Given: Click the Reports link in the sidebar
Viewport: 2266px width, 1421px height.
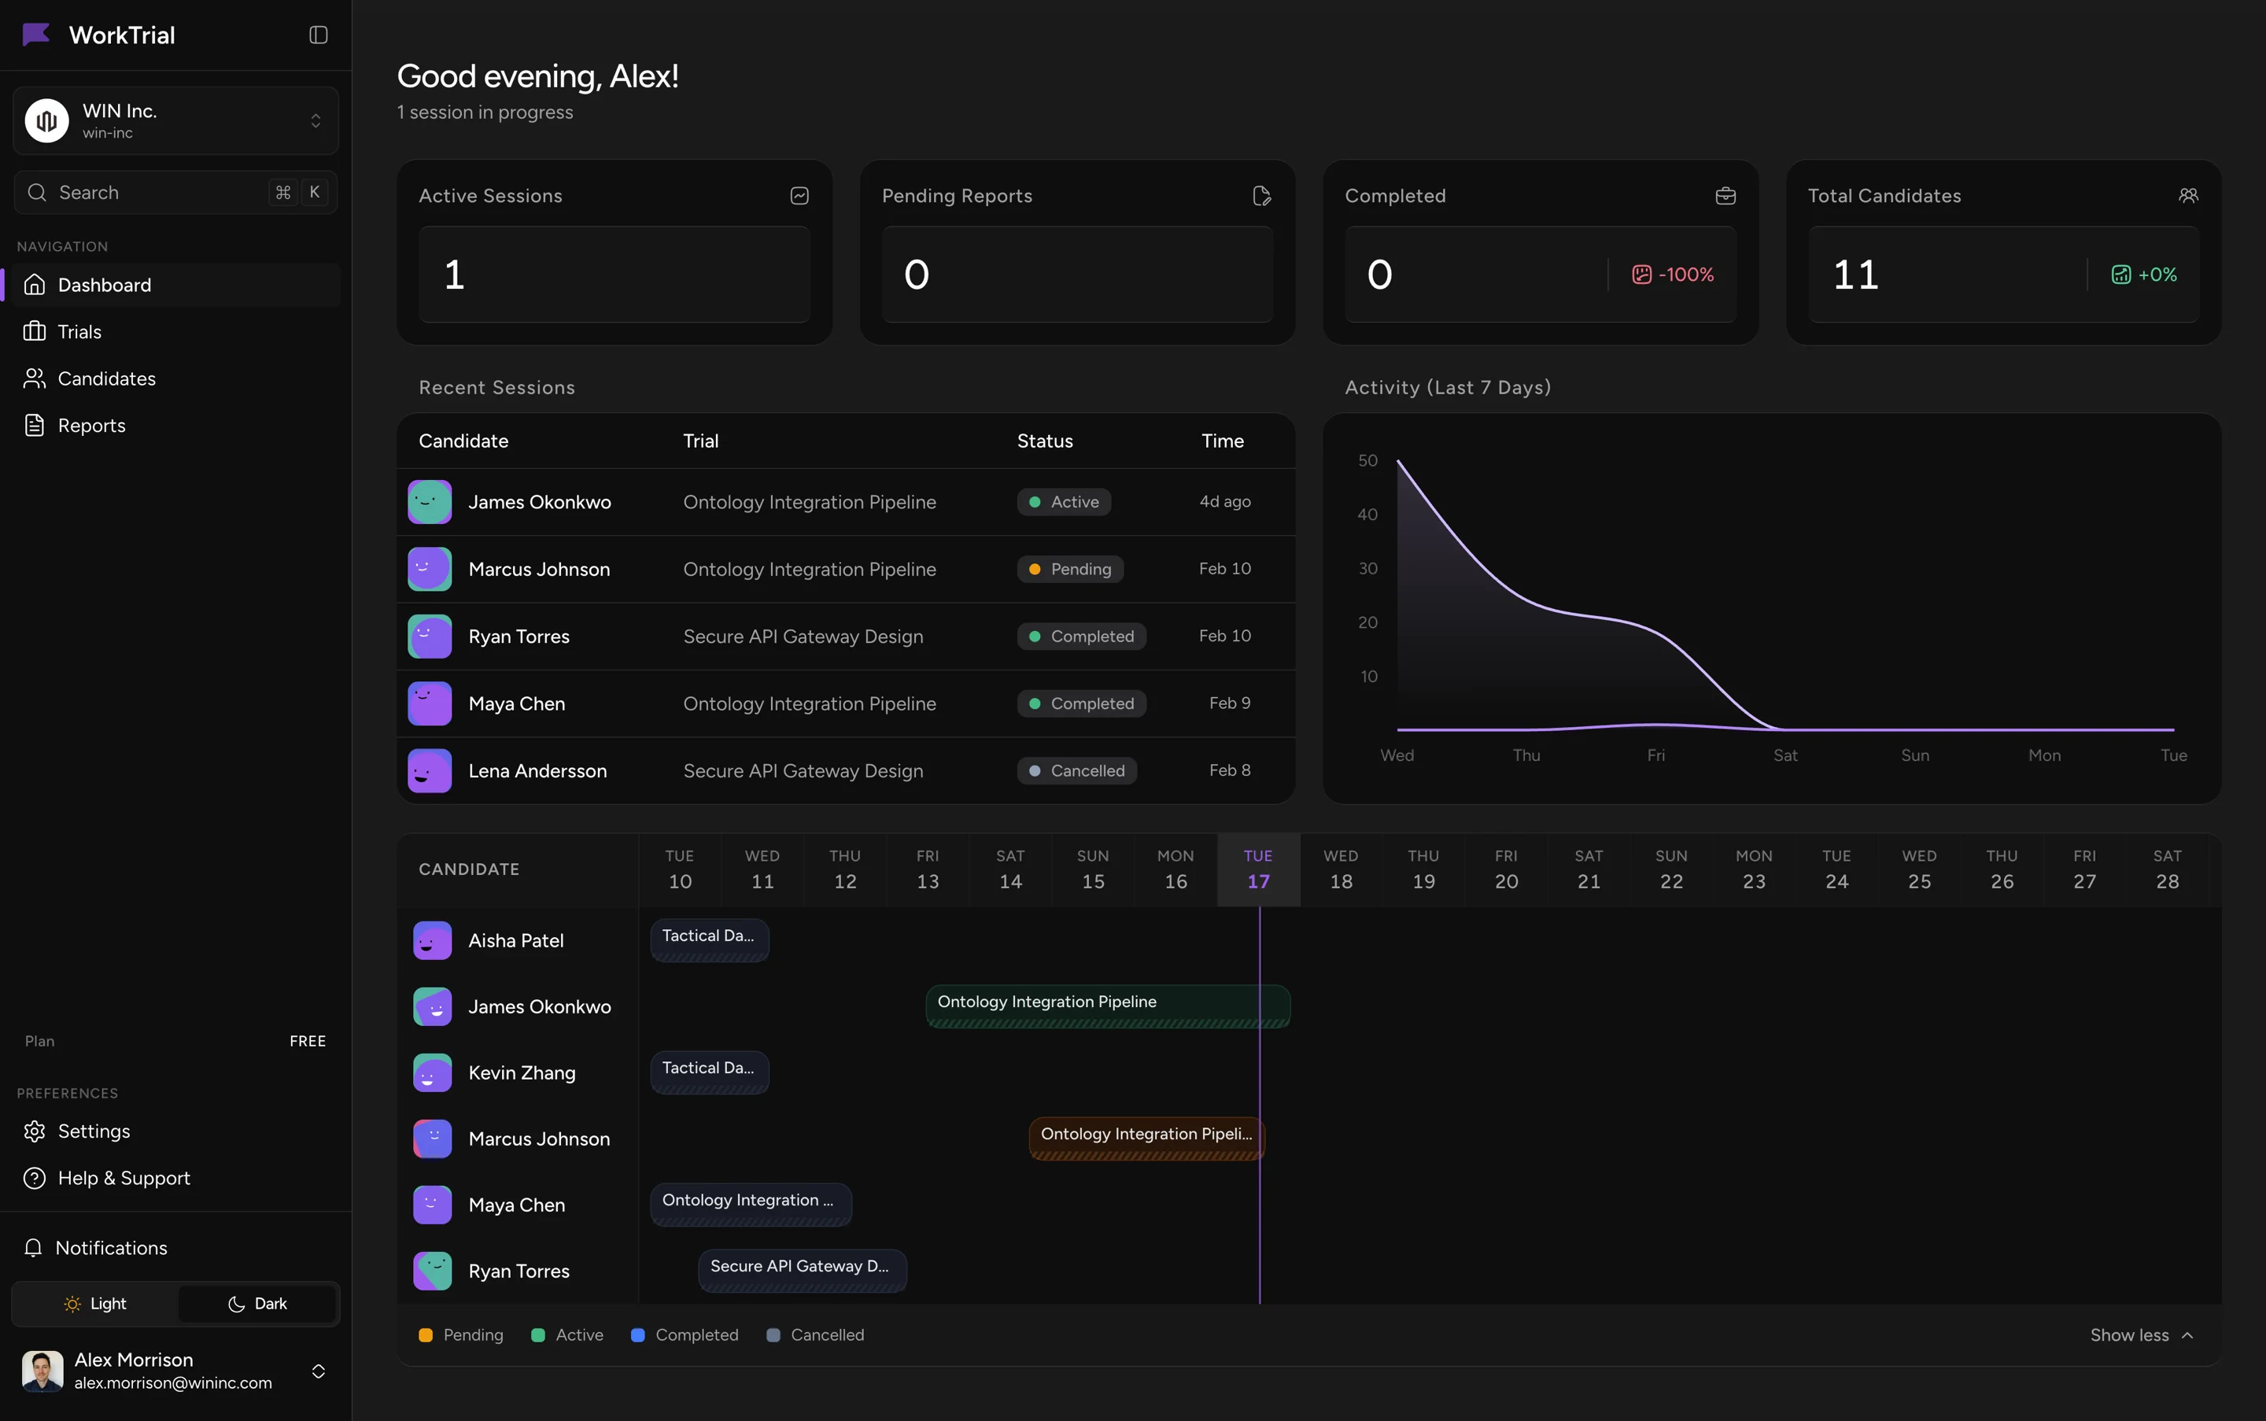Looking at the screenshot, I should pos(91,426).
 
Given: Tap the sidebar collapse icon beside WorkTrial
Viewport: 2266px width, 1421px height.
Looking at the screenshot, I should pos(319,35).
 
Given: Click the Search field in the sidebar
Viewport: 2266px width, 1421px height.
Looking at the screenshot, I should pos(150,193).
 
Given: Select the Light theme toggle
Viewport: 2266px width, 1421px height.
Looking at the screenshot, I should pos(95,1304).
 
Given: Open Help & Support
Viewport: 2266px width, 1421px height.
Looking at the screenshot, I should pos(123,1178).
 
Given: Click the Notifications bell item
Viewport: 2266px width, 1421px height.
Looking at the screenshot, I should pos(110,1247).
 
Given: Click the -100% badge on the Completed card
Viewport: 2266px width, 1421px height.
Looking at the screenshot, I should pos(1673,275).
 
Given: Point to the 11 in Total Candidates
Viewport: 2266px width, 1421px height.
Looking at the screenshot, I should pos(1855,275).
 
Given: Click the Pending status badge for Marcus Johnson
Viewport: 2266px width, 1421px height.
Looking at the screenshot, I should pos(1071,569).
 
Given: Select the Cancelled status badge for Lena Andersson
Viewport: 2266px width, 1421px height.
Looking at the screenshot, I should pos(1077,770).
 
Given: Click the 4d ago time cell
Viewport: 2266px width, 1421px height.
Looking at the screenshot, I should pos(1224,502).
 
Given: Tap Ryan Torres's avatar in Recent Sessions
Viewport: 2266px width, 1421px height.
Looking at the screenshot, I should pos(430,637).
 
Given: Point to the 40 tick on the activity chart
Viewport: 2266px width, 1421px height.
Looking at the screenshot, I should pos(1367,514).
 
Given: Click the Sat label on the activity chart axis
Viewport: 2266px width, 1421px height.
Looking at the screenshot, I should pos(1784,755).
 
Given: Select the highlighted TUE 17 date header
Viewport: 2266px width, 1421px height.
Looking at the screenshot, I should pos(1257,869).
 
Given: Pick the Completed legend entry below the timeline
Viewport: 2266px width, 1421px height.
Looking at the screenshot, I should pos(685,1334).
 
